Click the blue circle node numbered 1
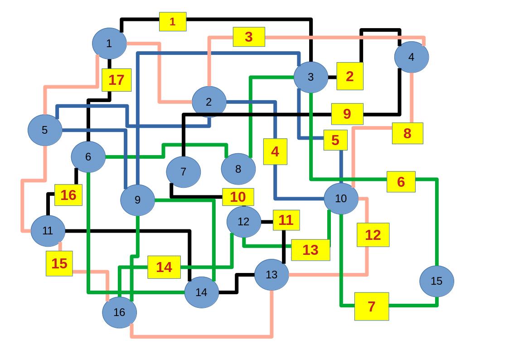pos(109,44)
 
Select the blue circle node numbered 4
pos(411,57)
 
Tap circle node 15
pos(436,281)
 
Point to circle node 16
pos(119,312)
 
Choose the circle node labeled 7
pos(183,172)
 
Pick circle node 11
pos(48,231)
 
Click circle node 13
pos(271,274)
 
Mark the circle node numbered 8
pos(238,169)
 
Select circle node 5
pos(44,130)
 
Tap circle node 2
pos(208,102)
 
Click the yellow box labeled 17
pos(116,80)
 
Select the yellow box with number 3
pos(249,37)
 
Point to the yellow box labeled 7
pos(372,306)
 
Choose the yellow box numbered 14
pos(164,267)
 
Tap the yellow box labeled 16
pos(68,195)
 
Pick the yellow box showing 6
pos(401,181)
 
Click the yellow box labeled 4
pos(275,151)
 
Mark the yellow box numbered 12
pos(373,235)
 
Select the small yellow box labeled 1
pos(172,21)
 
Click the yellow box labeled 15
pos(59,263)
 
